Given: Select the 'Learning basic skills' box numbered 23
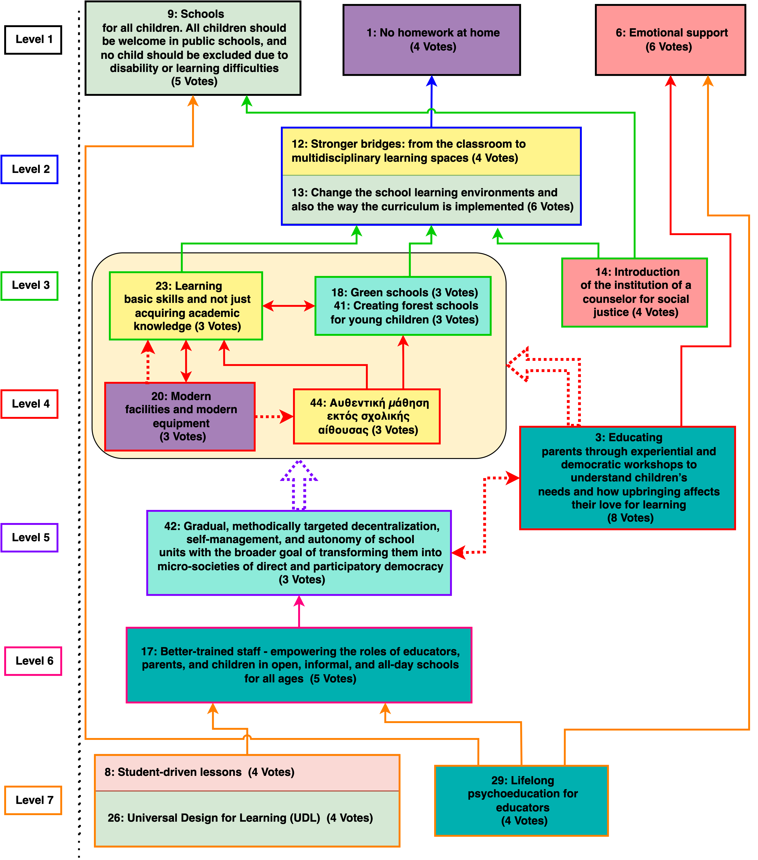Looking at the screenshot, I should click(186, 306).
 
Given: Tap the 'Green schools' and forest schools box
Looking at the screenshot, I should click(403, 306).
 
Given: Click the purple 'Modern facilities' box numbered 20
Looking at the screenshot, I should click(180, 416).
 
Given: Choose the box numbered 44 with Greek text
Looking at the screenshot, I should click(367, 416).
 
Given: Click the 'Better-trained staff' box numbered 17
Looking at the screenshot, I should click(299, 665).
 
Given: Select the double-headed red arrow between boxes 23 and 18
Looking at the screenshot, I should click(289, 306).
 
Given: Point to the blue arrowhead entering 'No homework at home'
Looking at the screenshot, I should click(432, 81).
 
